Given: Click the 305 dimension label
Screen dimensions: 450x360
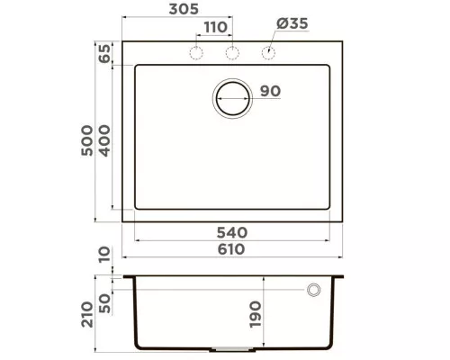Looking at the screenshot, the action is pyautogui.click(x=184, y=9).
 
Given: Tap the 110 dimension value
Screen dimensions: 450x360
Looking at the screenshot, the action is pyautogui.click(x=216, y=27).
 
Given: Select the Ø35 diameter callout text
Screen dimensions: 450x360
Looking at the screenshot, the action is pyautogui.click(x=292, y=23).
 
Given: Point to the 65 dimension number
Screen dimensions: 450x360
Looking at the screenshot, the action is pyautogui.click(x=104, y=53).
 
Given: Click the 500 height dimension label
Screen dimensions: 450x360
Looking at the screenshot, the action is pyautogui.click(x=87, y=140).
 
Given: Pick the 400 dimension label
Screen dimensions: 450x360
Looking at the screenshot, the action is pyautogui.click(x=104, y=140).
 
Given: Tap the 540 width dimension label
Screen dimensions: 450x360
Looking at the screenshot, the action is pyautogui.click(x=232, y=232).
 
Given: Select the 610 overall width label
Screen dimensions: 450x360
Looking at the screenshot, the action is pyautogui.click(x=231, y=249).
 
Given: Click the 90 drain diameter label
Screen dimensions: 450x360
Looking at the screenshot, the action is pyautogui.click(x=270, y=91).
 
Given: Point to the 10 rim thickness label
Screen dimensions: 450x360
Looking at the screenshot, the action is pyautogui.click(x=104, y=255).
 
